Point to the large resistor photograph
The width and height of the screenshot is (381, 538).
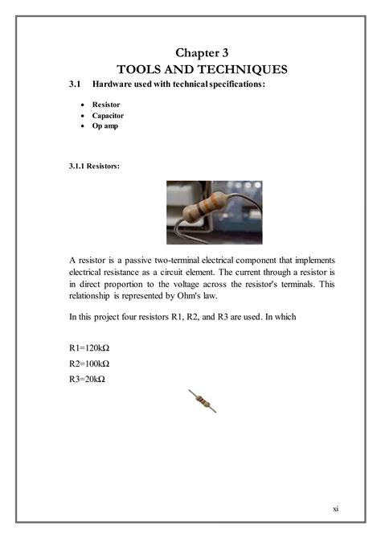[x=214, y=212]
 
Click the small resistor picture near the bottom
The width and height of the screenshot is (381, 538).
[x=202, y=400]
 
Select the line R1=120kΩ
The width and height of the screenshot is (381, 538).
[x=88, y=349]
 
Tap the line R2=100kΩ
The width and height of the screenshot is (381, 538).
[x=88, y=363]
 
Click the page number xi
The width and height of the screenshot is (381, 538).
[x=335, y=487]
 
